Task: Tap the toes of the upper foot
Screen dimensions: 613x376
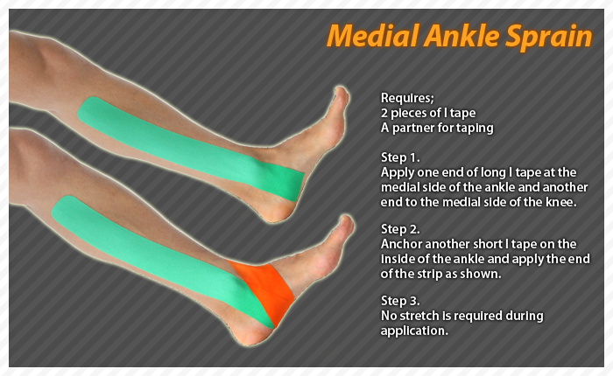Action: (340, 102)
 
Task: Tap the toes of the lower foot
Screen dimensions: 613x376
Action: (345, 231)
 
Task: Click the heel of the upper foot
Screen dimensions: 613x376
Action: (273, 211)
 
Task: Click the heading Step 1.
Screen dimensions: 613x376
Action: (400, 157)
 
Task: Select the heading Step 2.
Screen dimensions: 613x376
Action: (400, 229)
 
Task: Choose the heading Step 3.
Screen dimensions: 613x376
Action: (400, 301)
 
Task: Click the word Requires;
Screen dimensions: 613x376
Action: (407, 98)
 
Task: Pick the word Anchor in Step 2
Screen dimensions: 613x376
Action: (401, 244)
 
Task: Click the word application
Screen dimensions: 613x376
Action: (414, 331)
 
